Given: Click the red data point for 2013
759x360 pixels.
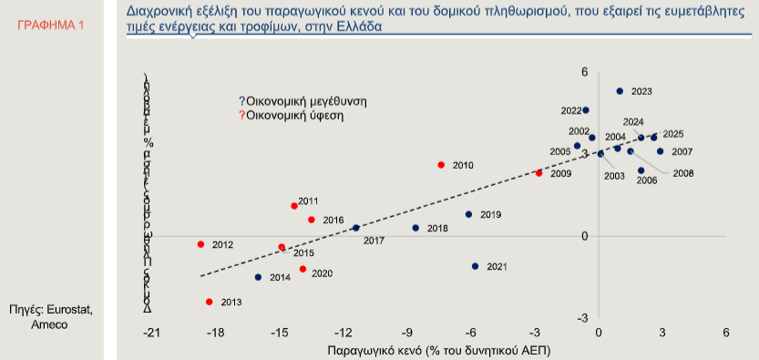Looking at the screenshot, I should tap(210, 302).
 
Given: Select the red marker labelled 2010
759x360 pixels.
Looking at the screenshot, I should tap(441, 165).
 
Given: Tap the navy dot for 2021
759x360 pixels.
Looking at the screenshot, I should tap(476, 266).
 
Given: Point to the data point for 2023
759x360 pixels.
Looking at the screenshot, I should tap(620, 91).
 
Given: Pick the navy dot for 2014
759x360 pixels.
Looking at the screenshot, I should tap(258, 277).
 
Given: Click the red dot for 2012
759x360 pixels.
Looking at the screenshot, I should tap(200, 244).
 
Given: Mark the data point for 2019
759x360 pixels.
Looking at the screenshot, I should tap(468, 214).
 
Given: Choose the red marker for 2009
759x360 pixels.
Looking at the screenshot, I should tap(538, 173).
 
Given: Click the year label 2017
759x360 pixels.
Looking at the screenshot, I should tap(374, 240).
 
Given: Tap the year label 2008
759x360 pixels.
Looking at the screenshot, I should tap(683, 172).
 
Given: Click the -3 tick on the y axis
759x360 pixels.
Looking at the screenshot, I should tap(584, 318).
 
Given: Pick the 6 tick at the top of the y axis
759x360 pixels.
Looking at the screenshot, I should tap(585, 72).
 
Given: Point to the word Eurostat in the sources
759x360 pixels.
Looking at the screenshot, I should tap(71, 311).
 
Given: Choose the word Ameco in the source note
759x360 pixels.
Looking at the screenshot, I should tap(49, 324).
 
